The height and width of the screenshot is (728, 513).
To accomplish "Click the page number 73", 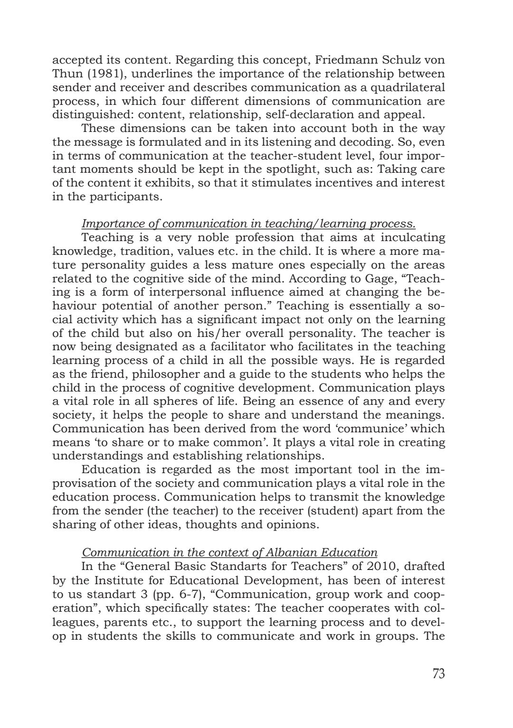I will point(438,673).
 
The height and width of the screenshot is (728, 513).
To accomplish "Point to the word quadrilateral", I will point(405,88).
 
